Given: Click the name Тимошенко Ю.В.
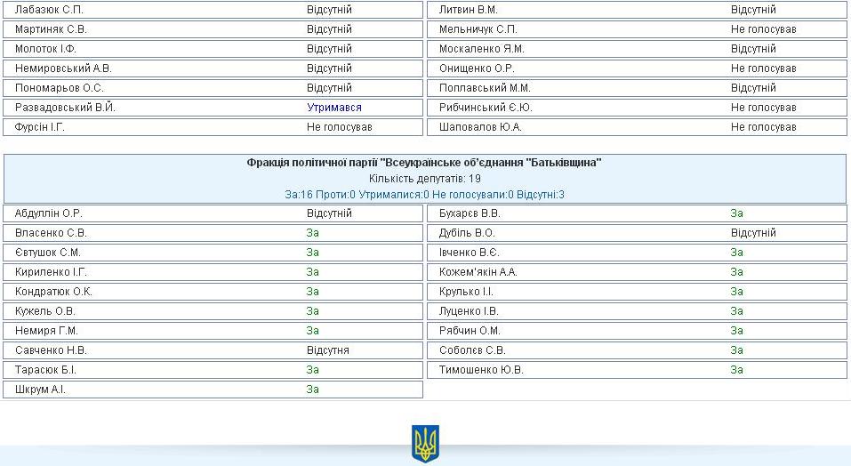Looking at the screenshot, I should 481,370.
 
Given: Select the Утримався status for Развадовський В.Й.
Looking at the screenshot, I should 334,108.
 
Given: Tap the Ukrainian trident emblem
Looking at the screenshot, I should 425,443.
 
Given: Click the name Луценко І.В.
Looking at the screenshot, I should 469,311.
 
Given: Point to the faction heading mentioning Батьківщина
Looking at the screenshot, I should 424,163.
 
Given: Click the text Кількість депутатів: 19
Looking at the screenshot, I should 424,179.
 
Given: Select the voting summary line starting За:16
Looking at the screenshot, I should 424,194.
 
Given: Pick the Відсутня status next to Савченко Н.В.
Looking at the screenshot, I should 328,350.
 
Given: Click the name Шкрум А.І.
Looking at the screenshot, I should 40,390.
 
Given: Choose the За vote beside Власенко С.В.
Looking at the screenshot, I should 313,233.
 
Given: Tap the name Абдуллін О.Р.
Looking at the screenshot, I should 49,213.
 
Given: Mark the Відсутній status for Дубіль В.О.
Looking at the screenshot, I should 753,233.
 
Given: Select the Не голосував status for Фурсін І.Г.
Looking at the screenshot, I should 340,127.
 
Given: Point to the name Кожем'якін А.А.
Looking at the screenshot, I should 478,272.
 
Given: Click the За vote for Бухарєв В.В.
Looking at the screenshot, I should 737,213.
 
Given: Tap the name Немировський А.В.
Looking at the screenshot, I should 63,68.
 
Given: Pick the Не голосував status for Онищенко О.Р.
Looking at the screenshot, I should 763,68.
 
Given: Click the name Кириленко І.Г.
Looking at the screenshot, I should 51,272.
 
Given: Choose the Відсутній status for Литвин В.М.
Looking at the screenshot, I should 753,10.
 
